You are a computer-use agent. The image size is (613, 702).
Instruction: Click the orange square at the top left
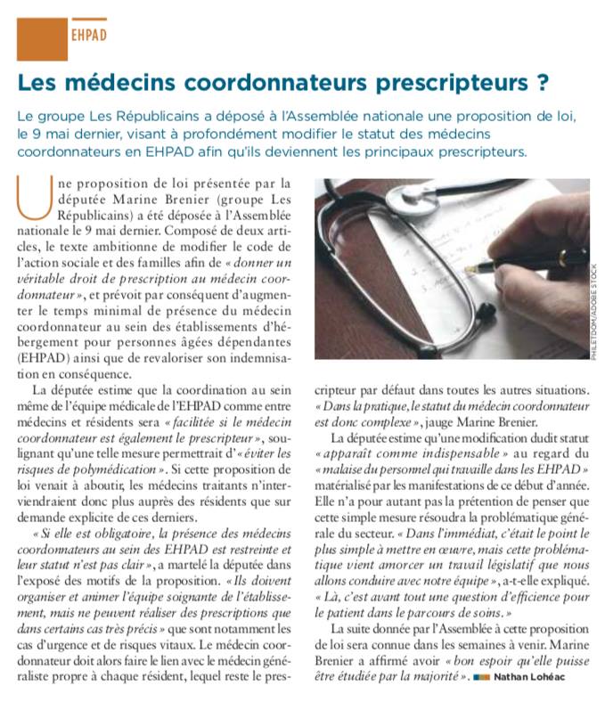(x=42, y=37)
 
